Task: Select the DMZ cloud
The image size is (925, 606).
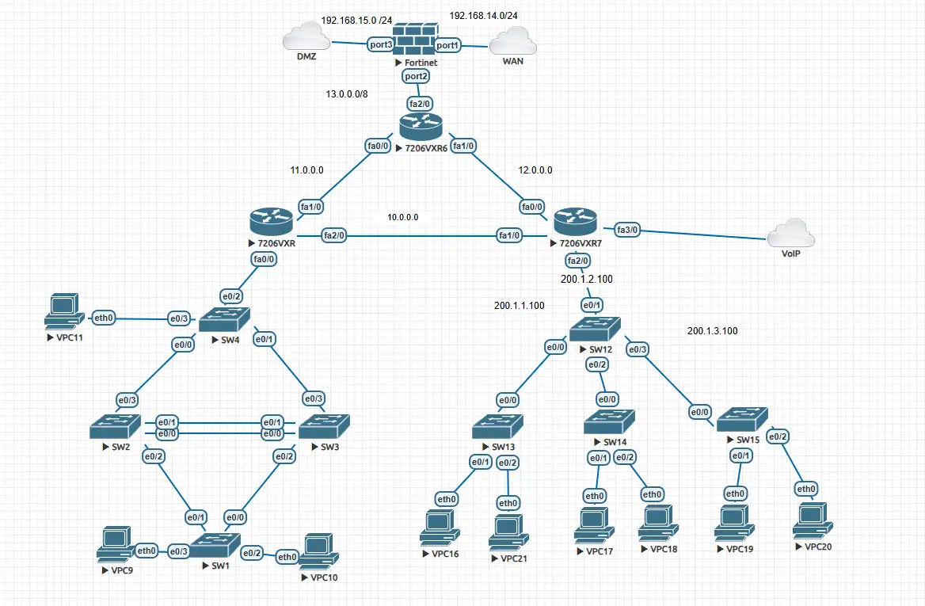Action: pos(305,40)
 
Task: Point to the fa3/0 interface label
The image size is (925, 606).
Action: pos(626,230)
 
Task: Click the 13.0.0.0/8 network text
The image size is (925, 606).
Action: pos(347,93)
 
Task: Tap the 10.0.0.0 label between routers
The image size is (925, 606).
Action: pos(402,217)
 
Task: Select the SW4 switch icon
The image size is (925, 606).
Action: pos(223,320)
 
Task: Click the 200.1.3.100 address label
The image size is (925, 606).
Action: pos(713,331)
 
